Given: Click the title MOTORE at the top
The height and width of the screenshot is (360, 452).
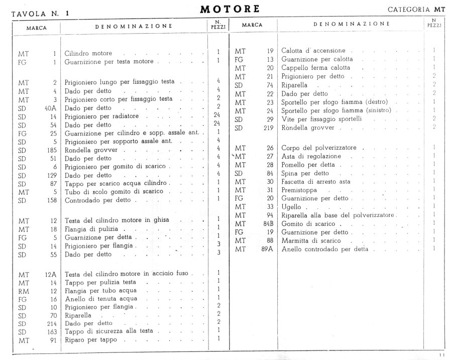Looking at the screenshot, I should [x=230, y=9].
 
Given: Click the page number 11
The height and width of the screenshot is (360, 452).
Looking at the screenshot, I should [x=441, y=355].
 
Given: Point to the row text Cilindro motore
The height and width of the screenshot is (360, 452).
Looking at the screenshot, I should [x=88, y=53].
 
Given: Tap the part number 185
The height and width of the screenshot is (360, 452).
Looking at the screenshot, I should [x=49, y=149].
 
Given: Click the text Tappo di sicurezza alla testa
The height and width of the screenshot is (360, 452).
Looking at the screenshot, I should [x=108, y=331].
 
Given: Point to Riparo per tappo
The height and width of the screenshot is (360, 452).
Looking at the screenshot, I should [x=91, y=339].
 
